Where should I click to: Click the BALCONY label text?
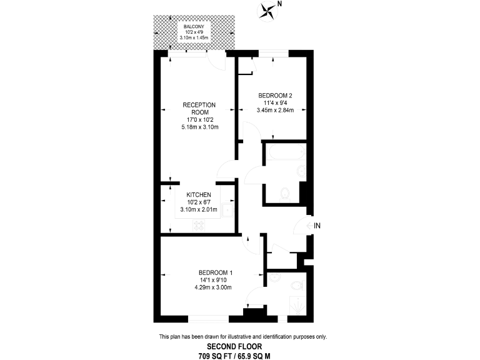[x=194, y=26]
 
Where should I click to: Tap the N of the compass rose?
[x=279, y=4]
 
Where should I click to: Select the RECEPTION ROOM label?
[x=199, y=108]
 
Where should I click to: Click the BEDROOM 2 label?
[x=275, y=96]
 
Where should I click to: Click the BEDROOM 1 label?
[x=215, y=272]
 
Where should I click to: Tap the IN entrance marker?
[x=317, y=226]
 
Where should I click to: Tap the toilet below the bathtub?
[x=285, y=193]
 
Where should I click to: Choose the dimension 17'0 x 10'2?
[x=199, y=119]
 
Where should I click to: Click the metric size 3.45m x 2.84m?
[x=275, y=111]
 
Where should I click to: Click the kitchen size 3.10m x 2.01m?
[x=199, y=209]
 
